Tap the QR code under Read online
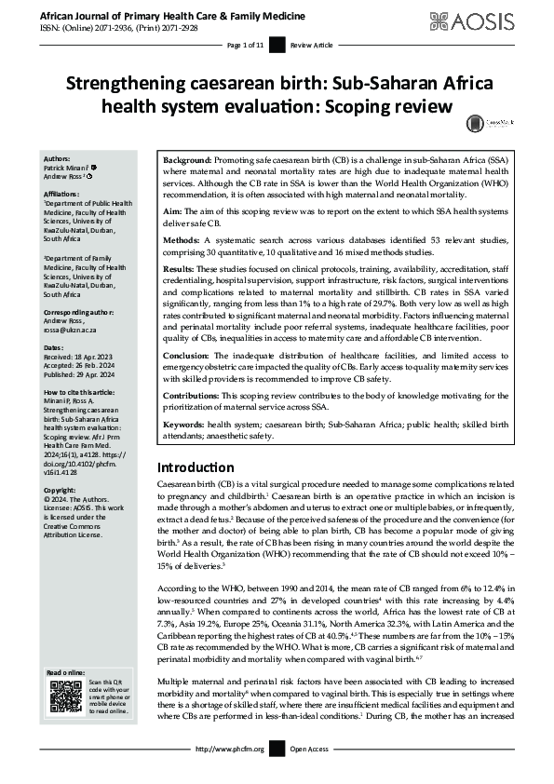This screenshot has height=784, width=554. pos(66,698)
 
